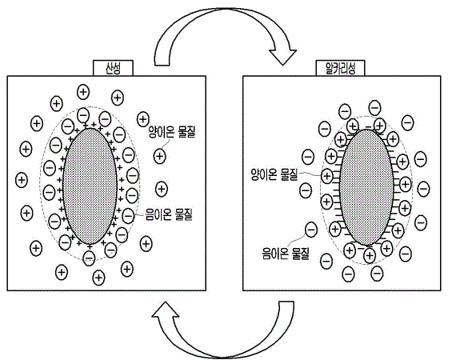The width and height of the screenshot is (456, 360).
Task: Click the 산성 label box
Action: tap(113, 68)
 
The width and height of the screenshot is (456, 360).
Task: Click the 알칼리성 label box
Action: tap(340, 68)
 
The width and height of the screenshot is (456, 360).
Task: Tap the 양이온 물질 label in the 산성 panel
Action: tap(172, 132)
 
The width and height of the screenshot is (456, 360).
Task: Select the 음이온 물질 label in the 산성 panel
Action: tap(169, 215)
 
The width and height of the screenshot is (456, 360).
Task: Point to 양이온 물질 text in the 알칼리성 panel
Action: tap(274, 174)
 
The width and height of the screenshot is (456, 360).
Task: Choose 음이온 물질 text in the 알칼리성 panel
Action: tap(286, 253)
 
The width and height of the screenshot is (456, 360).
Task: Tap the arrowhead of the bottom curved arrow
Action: tap(166, 310)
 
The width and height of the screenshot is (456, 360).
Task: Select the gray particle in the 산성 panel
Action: tap(90, 186)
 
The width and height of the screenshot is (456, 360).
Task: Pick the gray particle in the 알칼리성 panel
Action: tap(366, 187)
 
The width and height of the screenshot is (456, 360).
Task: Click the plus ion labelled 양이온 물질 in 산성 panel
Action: tap(159, 157)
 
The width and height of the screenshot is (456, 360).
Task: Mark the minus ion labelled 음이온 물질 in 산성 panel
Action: tap(128, 216)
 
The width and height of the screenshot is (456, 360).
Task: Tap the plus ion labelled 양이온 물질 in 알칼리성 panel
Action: tap(327, 176)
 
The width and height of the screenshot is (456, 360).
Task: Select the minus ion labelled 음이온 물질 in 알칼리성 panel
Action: tap(311, 230)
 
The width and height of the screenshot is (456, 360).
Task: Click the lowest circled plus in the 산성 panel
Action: tap(98, 278)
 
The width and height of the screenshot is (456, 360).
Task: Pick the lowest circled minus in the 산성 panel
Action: tap(89, 258)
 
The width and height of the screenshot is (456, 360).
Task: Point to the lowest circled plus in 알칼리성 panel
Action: tap(370, 256)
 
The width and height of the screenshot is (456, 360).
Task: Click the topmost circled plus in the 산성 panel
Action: tap(83, 92)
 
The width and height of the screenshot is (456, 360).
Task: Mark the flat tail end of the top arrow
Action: tap(162, 65)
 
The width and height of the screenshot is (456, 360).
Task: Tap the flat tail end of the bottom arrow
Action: tap(286, 302)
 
